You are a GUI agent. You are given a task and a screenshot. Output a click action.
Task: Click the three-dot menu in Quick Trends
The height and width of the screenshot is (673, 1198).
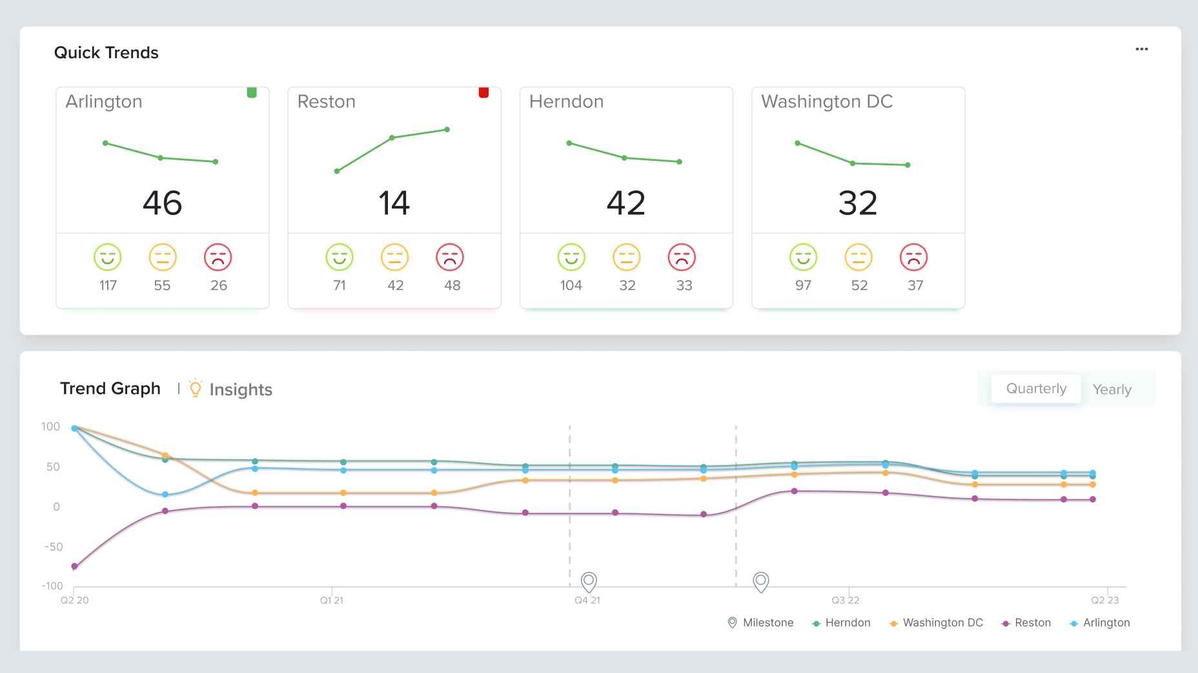pos(1141,49)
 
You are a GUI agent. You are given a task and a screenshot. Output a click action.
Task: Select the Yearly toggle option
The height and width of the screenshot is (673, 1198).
pos(1112,389)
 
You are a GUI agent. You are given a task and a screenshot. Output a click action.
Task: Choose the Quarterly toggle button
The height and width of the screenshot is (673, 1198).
pos(1036,388)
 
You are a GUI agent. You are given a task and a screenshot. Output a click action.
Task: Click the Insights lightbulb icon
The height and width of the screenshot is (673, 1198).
pos(195,388)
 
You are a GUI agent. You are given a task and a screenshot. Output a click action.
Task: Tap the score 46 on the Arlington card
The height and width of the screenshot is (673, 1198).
pos(162,203)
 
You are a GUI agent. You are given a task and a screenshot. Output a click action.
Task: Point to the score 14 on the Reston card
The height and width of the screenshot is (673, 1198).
pos(394,203)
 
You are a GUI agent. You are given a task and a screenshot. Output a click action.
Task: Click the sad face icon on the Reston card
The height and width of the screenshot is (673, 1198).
pos(450,257)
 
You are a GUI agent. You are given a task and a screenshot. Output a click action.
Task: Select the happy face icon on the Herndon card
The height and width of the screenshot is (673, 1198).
pos(571,257)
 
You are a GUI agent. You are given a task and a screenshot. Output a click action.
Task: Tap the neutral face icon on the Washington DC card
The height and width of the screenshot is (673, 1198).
pos(858,257)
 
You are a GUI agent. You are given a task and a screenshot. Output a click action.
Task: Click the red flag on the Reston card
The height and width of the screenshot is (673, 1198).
pos(483,92)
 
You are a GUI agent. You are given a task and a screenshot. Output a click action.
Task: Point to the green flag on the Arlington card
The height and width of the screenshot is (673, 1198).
pos(252,92)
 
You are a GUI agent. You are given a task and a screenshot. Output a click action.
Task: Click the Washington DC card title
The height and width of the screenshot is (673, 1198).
pos(827,101)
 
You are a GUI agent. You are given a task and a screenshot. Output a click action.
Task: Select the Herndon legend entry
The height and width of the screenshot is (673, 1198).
pos(841,623)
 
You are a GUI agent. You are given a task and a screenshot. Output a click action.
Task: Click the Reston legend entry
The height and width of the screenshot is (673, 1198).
pos(1026,623)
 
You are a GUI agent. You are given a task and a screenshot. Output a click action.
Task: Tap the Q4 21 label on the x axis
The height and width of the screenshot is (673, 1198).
pos(587,600)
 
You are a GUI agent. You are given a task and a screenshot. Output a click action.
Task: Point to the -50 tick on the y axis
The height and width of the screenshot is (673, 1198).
pos(54,546)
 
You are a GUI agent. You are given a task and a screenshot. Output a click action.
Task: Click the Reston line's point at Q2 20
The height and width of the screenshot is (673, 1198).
pos(74,566)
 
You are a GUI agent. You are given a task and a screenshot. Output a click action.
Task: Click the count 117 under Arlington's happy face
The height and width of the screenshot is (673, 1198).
pos(108,285)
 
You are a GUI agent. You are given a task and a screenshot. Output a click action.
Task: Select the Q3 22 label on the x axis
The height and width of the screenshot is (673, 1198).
pos(845,600)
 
